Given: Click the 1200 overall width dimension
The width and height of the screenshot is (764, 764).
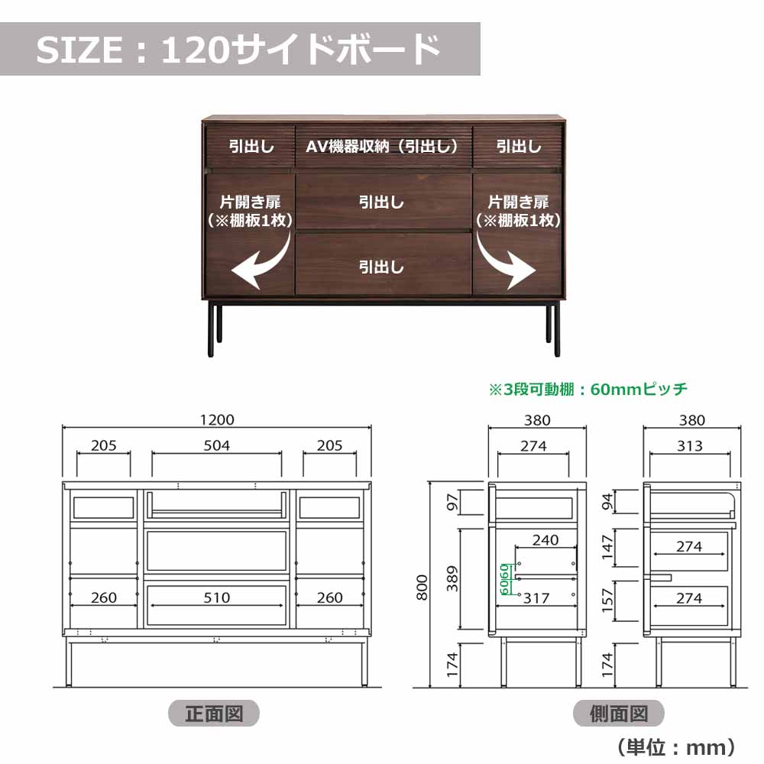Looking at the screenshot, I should coord(218,419).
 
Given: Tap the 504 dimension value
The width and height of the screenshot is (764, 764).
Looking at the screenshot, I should coord(217,445).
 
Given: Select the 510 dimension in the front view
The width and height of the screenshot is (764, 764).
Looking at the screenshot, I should coord(217,597).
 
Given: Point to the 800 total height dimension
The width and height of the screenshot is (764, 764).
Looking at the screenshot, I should coord(422,587).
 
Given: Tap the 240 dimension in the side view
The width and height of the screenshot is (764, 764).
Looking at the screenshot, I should coord(545,540).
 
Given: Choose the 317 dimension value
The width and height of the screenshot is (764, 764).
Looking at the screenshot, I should coord(536,598).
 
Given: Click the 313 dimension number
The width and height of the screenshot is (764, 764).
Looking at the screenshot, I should coord(691,445).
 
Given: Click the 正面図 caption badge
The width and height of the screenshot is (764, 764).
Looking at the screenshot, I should coord(214,714).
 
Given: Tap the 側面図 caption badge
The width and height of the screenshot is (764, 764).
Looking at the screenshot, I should coord(619,714).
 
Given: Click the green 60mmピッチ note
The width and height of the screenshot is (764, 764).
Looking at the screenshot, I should coord(588,389).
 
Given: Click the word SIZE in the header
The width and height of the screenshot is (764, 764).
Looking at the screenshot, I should coord(79,50).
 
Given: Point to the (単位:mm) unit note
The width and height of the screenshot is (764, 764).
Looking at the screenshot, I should coord(676,746).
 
